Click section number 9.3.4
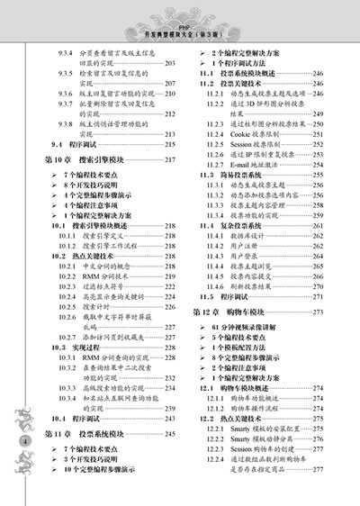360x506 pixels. [67, 54]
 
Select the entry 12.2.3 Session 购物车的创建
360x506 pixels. [256, 448]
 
